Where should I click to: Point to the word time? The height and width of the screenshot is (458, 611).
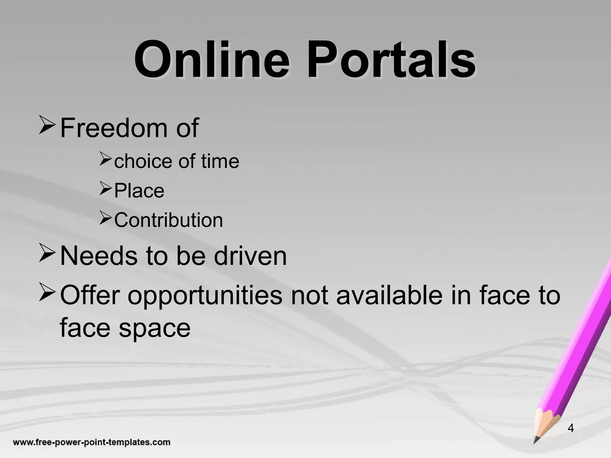pyautogui.click(x=220, y=161)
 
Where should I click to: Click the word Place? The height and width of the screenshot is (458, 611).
pyautogui.click(x=139, y=191)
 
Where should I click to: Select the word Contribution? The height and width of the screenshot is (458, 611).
pyautogui.click(x=169, y=220)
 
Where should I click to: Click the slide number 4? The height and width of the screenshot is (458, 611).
pyautogui.click(x=571, y=428)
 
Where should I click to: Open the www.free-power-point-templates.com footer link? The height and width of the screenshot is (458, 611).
pyautogui.click(x=92, y=442)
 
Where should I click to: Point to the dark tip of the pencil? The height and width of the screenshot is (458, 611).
pyautogui.click(x=536, y=440)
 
